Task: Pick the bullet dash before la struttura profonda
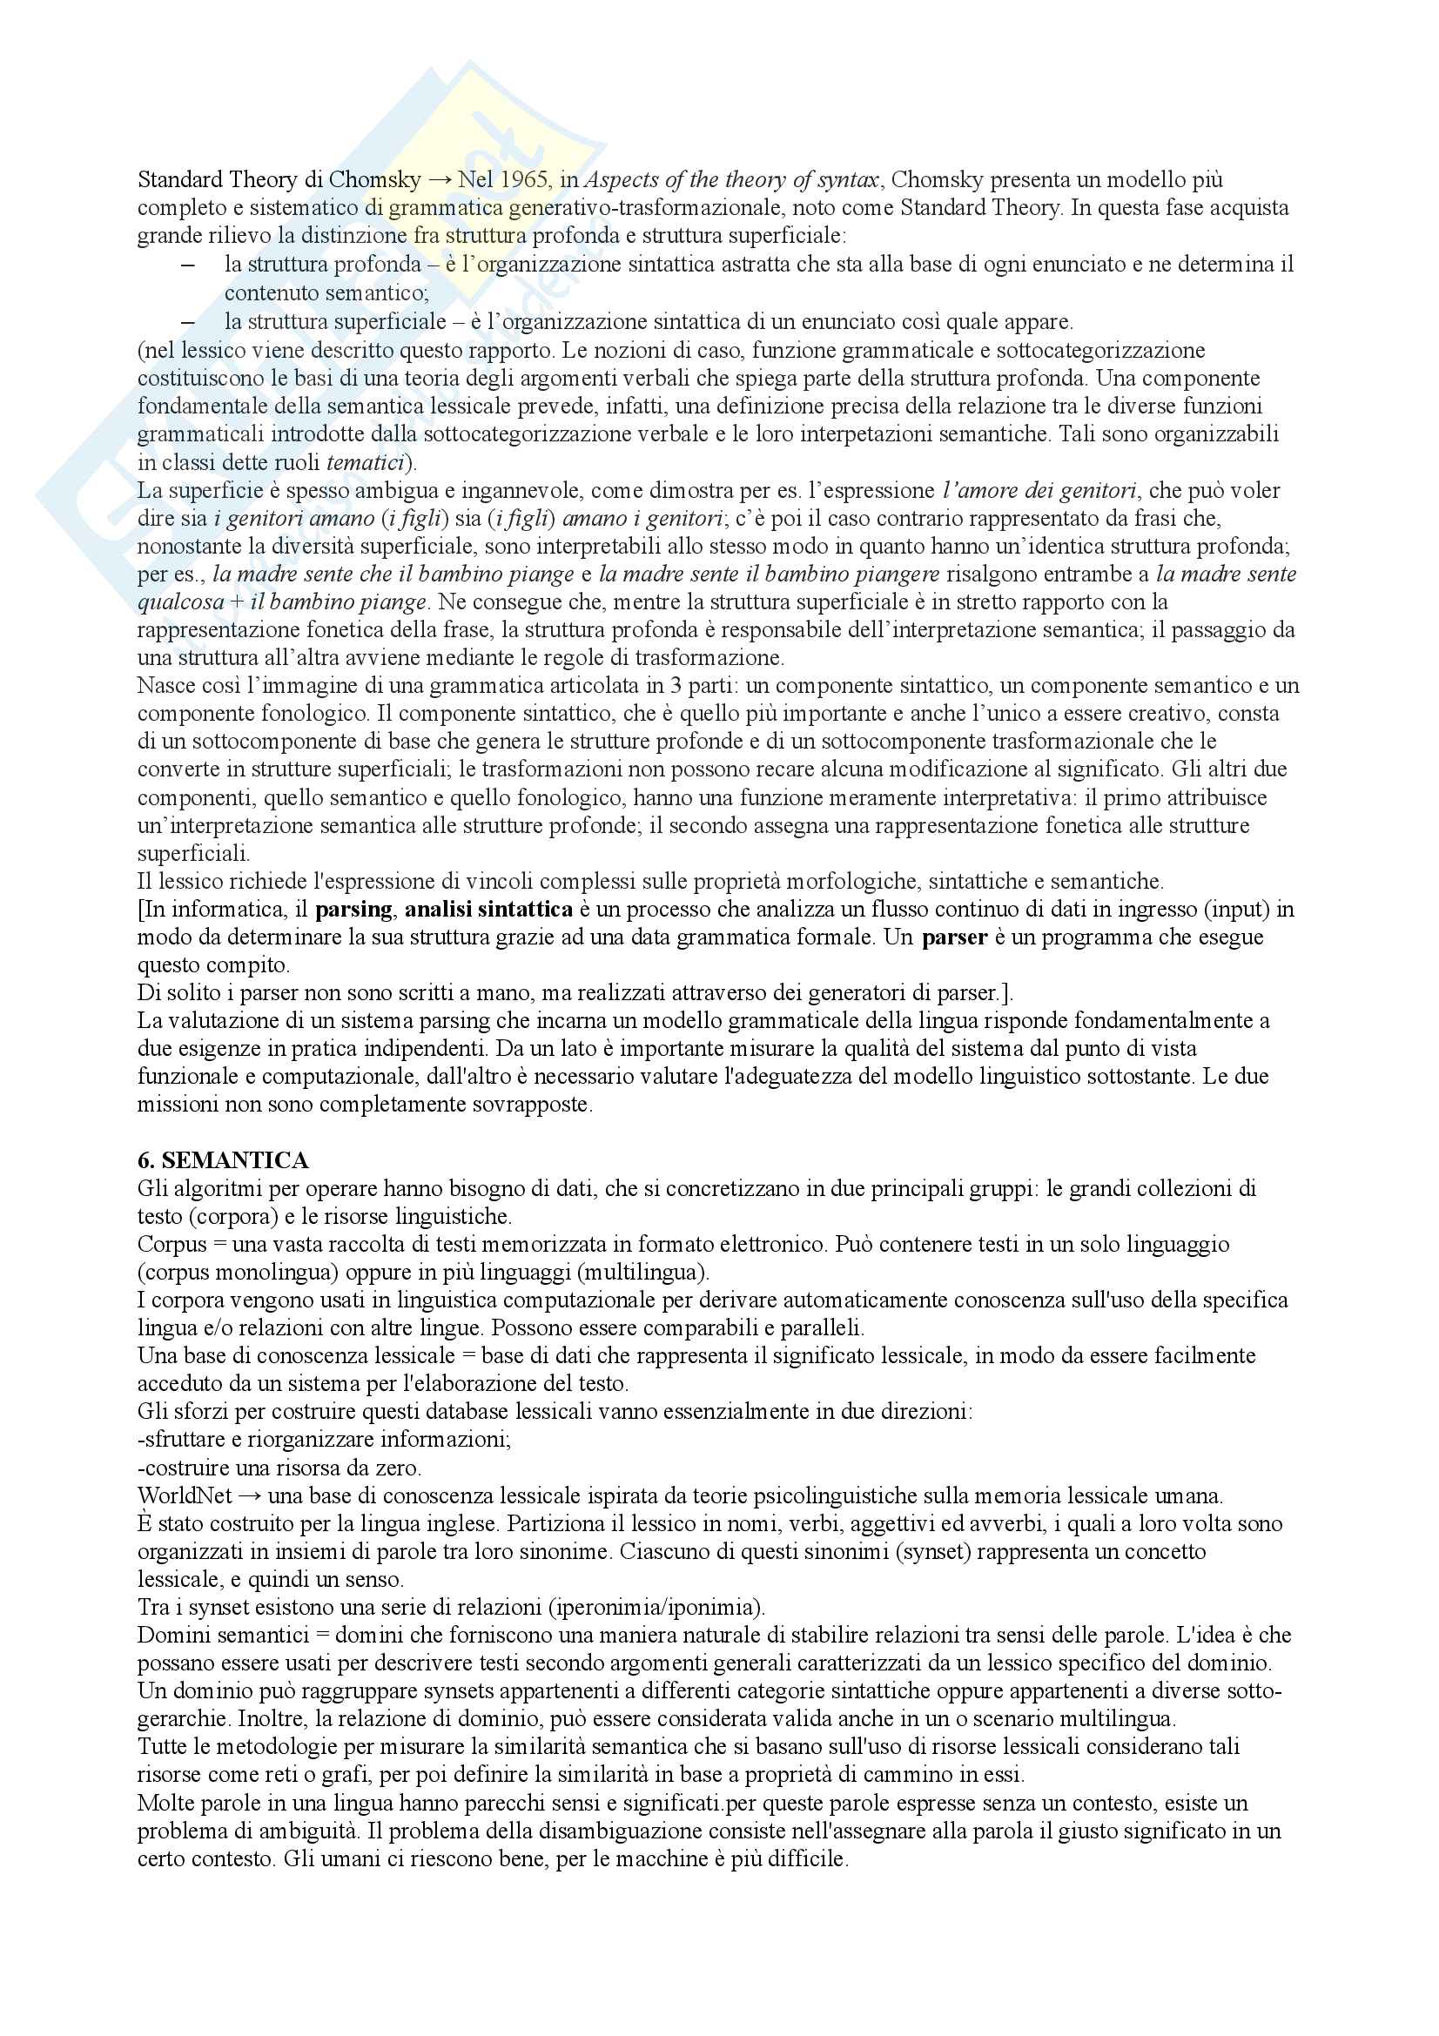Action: pyautogui.click(x=187, y=265)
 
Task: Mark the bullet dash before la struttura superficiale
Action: pyautogui.click(x=187, y=321)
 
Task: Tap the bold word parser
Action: pyautogui.click(x=954, y=937)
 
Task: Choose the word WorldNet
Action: pyautogui.click(x=185, y=1496)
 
